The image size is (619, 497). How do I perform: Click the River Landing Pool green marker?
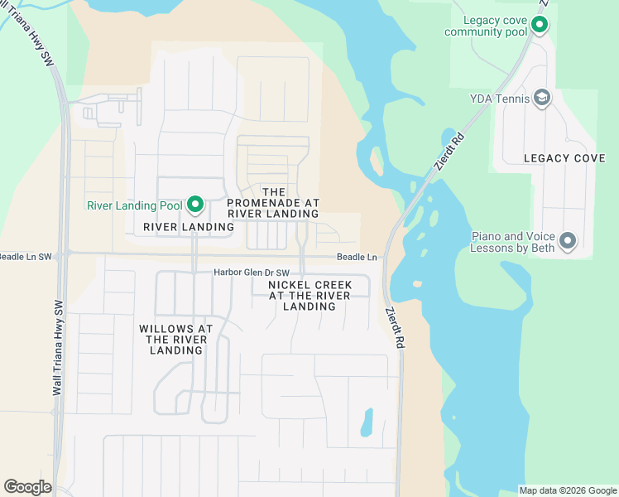195,204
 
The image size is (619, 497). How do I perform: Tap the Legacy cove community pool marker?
539,25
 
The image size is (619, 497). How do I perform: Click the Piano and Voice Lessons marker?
568,242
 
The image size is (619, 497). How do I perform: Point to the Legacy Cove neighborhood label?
564,158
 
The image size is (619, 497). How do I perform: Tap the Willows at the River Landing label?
176,340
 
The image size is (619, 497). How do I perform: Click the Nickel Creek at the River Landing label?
309,295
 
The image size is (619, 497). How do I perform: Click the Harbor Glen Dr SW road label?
252,273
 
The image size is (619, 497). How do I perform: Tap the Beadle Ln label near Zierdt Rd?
357,258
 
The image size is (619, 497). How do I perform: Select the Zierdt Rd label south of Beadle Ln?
395,327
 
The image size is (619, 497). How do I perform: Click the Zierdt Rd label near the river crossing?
448,152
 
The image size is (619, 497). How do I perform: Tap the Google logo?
27,487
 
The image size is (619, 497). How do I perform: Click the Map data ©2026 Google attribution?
568,490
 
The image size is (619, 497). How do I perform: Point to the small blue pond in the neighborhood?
366,423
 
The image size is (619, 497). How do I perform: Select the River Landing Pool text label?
135,205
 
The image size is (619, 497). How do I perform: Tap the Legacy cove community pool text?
485,26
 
